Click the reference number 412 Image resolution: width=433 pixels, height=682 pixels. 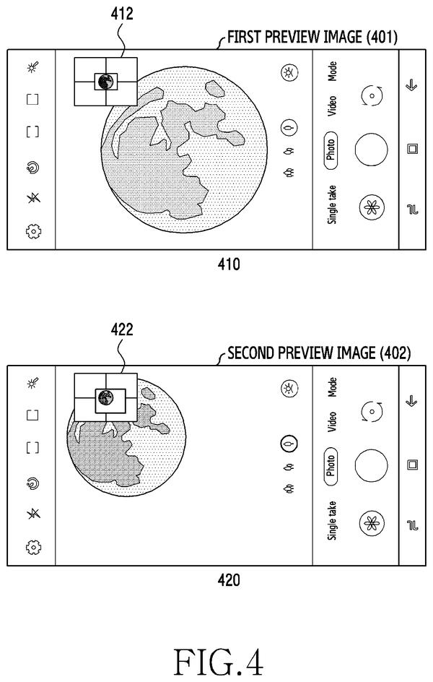pos(122,14)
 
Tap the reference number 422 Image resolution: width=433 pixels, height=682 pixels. pos(122,329)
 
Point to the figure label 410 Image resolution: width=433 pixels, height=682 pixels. pos(229,264)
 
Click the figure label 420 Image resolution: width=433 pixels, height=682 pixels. pos(229,580)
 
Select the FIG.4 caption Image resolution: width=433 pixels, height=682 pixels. pos(219,661)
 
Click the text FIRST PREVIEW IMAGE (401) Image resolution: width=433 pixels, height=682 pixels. pos(312,37)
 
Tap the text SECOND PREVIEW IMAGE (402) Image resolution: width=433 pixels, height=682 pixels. pos(319,353)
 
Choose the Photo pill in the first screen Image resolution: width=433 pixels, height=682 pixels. pos(331,150)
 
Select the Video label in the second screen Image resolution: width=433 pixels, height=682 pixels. pos(332,421)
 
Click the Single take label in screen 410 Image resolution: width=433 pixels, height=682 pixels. pos(332,205)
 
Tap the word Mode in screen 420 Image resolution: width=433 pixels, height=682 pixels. pos(332,387)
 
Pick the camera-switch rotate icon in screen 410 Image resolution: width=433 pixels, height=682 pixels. pos(372,95)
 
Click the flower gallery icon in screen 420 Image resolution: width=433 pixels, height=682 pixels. pos(372,523)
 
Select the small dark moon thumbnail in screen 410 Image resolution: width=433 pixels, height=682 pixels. pos(105,82)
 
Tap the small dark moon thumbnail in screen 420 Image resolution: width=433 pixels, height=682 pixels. pos(105,397)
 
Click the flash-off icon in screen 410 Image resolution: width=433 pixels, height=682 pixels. pos(33,199)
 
